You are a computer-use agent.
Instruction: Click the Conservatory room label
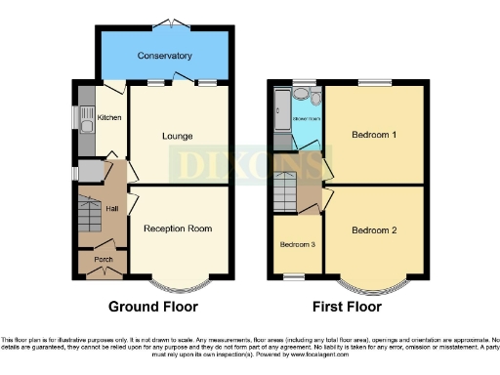coord(164,56)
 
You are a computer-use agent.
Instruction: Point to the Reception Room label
coord(178,229)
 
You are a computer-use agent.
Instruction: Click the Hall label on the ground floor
coord(112,209)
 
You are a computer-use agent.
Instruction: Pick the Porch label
coord(103,260)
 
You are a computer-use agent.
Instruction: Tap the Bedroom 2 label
coord(374,230)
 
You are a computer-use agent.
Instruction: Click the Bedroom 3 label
coord(297,244)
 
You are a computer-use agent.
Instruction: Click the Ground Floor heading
coord(152,306)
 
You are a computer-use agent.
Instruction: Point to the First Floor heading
coord(347,306)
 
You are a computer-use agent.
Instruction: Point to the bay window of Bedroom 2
coord(374,286)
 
